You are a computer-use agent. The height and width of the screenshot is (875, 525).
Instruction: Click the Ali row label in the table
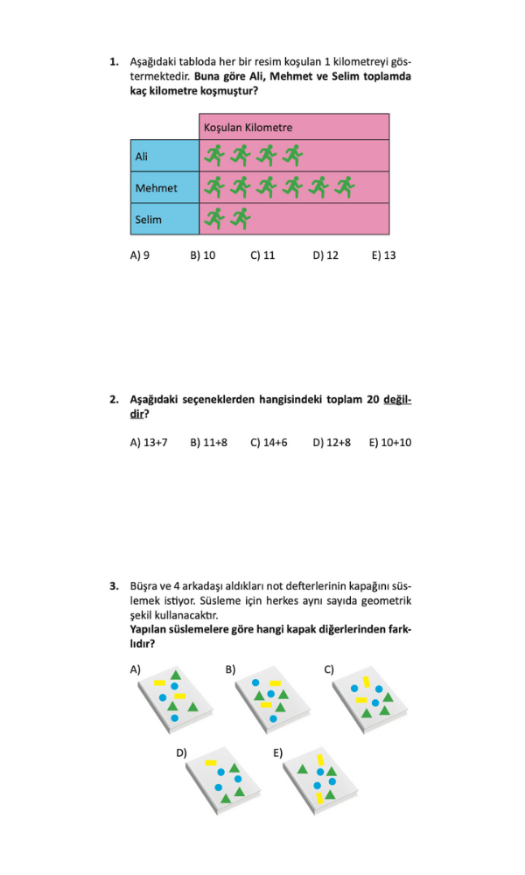pyautogui.click(x=142, y=156)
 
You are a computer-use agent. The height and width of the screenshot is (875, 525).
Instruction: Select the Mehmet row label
pyautogui.click(x=156, y=187)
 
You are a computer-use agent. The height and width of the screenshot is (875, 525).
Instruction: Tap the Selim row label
pyautogui.click(x=148, y=219)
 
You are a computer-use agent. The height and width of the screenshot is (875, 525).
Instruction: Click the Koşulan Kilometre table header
pyautogui.click(x=248, y=127)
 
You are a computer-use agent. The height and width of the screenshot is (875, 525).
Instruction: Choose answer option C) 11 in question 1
pyautogui.click(x=262, y=255)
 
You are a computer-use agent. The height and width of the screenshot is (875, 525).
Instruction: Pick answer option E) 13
pyautogui.click(x=383, y=255)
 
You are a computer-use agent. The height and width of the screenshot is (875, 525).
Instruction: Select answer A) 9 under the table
pyautogui.click(x=140, y=255)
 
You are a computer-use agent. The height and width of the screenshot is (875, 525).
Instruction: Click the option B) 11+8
pyautogui.click(x=208, y=443)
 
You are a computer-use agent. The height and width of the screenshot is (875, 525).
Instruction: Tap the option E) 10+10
pyautogui.click(x=390, y=443)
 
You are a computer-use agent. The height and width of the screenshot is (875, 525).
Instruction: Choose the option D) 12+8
pyautogui.click(x=332, y=443)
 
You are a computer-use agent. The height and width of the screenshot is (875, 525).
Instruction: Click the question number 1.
pyautogui.click(x=114, y=62)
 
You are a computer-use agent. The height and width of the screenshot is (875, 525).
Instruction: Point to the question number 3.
pyautogui.click(x=114, y=585)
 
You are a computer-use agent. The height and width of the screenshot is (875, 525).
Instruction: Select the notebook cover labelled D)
pyautogui.click(x=226, y=780)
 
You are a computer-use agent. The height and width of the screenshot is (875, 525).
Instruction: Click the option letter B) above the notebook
pyautogui.click(x=230, y=669)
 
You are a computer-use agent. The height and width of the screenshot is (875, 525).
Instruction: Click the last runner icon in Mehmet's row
pyautogui.click(x=345, y=186)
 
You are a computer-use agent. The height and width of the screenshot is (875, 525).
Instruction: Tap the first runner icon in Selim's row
pyautogui.click(x=213, y=218)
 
